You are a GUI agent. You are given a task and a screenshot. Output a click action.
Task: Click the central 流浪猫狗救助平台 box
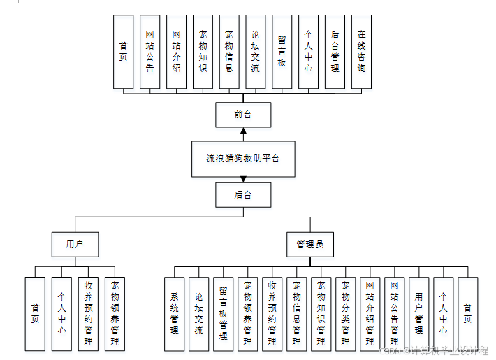[242, 158]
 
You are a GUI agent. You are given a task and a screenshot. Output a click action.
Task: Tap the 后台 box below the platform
[242, 194]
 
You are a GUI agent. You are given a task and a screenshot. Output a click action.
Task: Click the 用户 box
[75, 244]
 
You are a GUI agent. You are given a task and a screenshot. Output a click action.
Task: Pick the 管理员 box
[310, 244]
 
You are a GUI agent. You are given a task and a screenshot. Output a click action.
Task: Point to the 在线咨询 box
[361, 52]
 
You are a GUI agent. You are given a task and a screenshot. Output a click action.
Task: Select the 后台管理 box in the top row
[335, 52]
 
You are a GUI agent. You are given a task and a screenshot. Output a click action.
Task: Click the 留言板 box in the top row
[282, 52]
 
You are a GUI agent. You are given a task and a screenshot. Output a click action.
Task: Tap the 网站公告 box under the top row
[149, 52]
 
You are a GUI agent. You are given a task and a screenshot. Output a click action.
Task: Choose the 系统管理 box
[175, 314]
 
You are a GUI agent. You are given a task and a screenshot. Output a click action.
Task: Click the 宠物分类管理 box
[345, 314]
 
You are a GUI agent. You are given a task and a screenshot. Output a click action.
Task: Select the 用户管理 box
[418, 314]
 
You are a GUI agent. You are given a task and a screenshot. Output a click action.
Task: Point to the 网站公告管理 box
[394, 314]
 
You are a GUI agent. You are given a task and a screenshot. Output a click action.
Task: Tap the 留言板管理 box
[223, 314]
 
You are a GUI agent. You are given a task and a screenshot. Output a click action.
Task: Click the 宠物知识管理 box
[321, 314]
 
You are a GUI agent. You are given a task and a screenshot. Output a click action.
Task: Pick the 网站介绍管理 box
[370, 314]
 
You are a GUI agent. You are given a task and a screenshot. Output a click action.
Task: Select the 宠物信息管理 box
[296, 314]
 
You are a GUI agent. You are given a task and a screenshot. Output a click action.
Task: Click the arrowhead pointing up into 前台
[243, 131]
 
